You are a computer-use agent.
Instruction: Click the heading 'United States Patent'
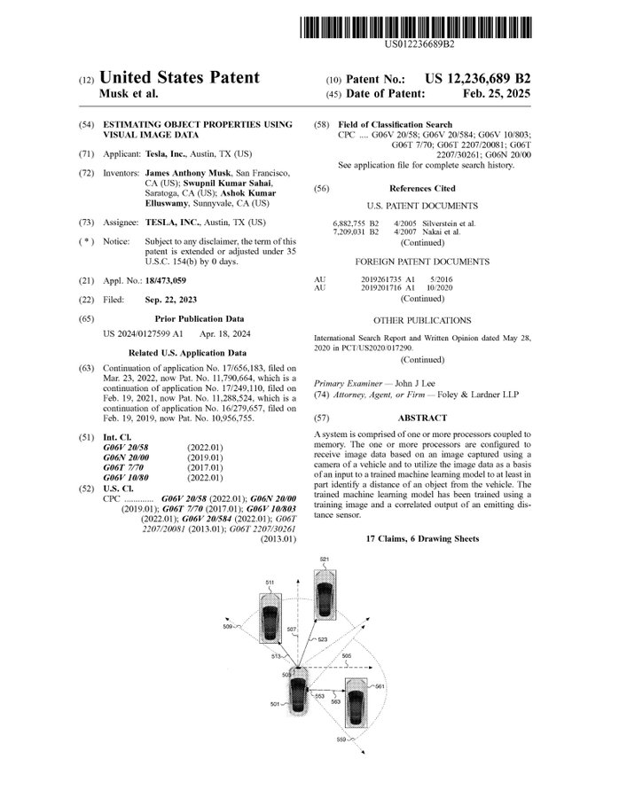[x=180, y=78]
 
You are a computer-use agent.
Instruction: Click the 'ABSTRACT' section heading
[x=423, y=415]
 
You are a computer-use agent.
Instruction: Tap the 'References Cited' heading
[x=422, y=188]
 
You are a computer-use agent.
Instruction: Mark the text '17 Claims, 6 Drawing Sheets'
[x=422, y=538]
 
